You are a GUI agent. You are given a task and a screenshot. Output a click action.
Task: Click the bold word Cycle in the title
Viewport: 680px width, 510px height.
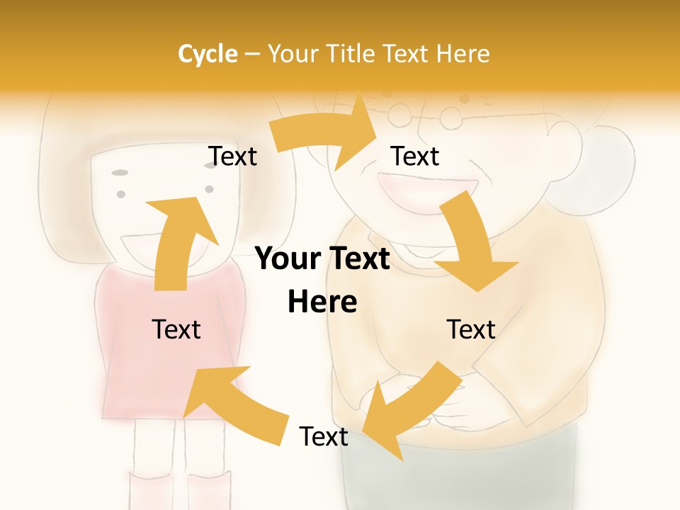208,54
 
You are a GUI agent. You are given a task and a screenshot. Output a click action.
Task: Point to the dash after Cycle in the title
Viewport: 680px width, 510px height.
252,54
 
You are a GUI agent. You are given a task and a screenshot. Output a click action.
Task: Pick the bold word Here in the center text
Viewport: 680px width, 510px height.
322,302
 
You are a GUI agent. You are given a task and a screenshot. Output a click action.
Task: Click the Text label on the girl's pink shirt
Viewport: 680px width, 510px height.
177,329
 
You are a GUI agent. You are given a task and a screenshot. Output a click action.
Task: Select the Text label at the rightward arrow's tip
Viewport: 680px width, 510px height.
415,156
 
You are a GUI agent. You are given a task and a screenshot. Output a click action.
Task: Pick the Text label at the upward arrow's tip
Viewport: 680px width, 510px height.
233,156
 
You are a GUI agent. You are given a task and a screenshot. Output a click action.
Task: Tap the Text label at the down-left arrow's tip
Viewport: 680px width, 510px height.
324,436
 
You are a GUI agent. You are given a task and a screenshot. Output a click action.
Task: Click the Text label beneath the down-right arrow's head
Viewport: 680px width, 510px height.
471,329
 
